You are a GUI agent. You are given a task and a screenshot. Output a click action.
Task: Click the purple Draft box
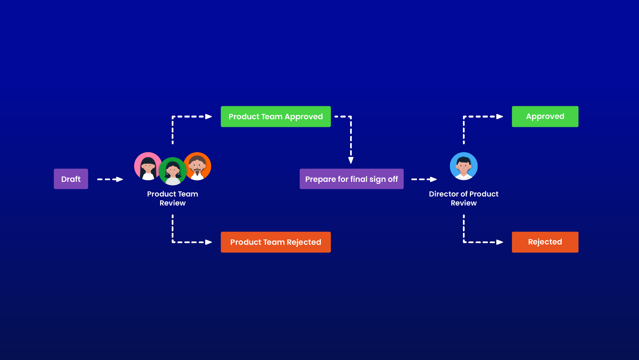tap(71, 179)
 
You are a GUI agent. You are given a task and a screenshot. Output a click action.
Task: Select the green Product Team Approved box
tap(276, 117)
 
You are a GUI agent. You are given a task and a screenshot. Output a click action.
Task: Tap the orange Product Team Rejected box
tap(276, 242)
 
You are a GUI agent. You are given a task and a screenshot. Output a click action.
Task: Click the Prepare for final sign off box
tap(351, 179)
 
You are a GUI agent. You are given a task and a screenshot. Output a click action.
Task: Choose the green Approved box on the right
tap(545, 117)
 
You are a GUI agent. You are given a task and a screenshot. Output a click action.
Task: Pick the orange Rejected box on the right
tap(545, 242)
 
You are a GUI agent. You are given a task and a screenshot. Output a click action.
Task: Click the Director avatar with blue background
tap(464, 166)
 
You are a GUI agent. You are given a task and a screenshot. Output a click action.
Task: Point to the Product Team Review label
tap(172, 198)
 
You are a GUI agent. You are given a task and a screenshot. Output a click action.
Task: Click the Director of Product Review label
tap(464, 198)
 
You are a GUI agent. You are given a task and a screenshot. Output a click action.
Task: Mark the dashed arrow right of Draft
tap(110, 179)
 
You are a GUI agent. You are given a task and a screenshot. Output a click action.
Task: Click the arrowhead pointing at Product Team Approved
tap(209, 117)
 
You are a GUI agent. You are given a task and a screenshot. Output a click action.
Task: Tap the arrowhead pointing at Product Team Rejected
tap(209, 242)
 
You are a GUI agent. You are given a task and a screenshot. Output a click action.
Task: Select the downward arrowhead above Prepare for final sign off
tap(351, 160)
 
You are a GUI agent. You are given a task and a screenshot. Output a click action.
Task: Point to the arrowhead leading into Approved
tap(500, 117)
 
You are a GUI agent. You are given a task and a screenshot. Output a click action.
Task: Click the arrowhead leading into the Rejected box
tap(500, 242)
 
